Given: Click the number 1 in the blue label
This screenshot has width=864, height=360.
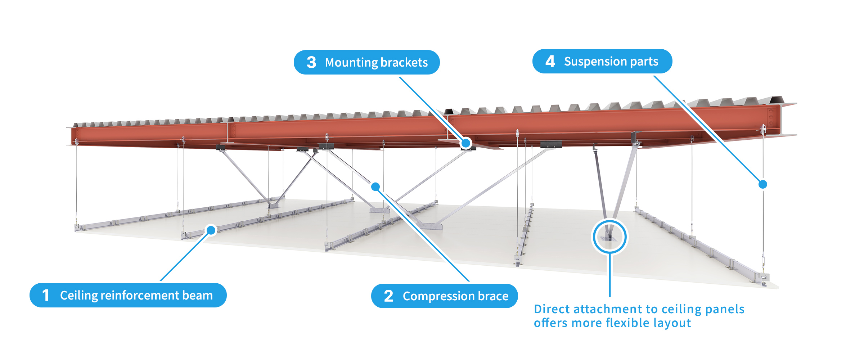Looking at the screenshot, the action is [45, 295].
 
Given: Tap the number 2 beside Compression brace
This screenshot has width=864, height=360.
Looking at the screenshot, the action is [388, 296].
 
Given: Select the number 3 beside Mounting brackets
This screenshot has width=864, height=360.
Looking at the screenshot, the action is [311, 62].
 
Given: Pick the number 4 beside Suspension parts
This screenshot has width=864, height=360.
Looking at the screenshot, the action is [550, 61].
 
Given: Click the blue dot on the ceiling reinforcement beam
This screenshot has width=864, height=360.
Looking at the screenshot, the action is [211, 230].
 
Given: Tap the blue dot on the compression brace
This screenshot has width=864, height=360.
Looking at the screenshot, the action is [375, 186].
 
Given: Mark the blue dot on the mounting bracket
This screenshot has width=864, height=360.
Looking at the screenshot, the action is [466, 143].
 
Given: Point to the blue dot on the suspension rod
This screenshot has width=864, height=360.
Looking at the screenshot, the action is [762, 184].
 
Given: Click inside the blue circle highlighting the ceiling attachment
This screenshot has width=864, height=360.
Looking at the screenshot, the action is [610, 237].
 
